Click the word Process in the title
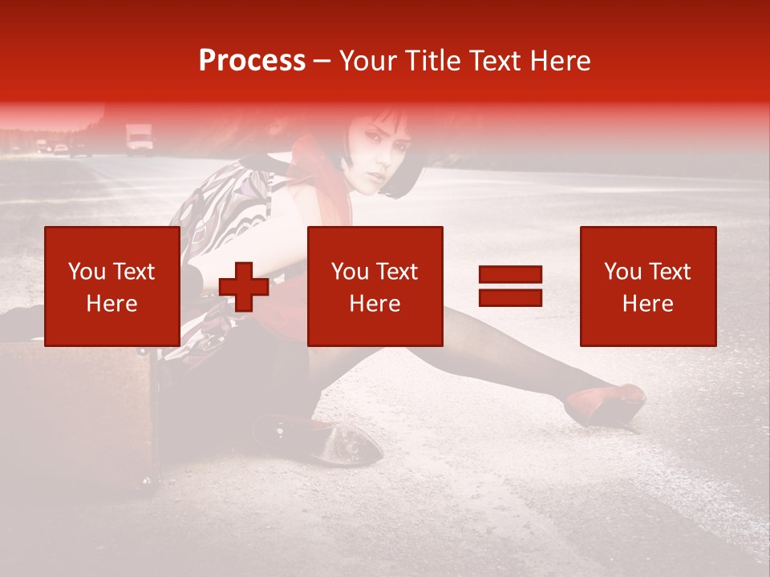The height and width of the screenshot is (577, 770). (x=252, y=61)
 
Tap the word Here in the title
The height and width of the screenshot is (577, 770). (x=558, y=61)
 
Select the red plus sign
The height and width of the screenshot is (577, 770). (x=244, y=288)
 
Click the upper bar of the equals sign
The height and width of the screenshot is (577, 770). (x=510, y=275)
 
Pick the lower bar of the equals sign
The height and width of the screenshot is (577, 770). (x=510, y=298)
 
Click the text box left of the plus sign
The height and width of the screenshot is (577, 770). (x=112, y=286)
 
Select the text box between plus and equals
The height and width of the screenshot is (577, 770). (x=375, y=286)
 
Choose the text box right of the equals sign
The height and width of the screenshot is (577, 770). (x=648, y=286)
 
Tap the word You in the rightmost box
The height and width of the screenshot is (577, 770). (x=622, y=272)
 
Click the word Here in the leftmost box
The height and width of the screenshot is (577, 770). (x=112, y=304)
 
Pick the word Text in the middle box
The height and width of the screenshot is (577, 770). (x=397, y=272)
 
